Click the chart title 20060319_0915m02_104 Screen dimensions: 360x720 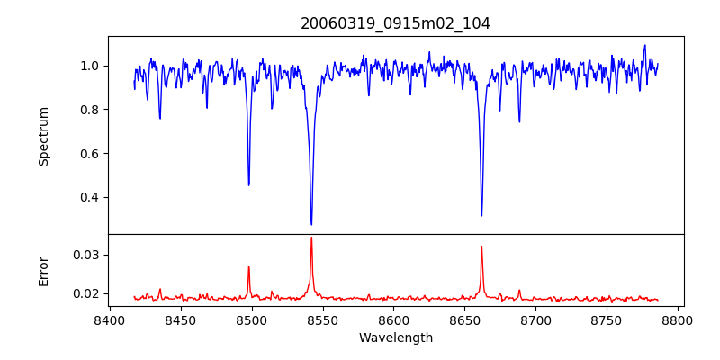395,23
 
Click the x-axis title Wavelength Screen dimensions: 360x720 395,338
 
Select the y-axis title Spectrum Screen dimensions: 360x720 43,136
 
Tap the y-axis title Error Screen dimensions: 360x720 43,271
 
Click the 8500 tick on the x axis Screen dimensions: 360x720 251,319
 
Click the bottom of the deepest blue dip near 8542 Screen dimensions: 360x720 311,224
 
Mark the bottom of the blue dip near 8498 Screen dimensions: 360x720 249,185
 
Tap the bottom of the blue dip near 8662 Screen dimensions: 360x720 481,215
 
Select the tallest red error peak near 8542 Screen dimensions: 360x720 311,238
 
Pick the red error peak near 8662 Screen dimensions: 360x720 481,247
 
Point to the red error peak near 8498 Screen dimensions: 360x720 249,266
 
